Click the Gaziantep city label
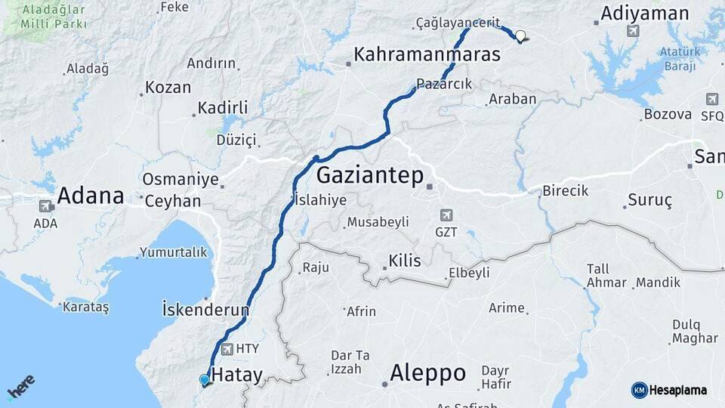coord(369,175)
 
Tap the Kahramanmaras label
coord(427,55)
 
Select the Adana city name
coord(91,196)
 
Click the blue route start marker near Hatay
coord(204,379)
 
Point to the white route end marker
coord(520,35)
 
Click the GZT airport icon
coord(446,215)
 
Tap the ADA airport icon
coord(45,206)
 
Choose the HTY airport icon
coord(227,348)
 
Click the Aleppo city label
coord(427,373)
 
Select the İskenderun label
coord(205,310)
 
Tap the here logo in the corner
coord(20,387)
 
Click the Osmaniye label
coord(180,181)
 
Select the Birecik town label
coord(565,190)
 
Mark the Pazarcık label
coord(444,84)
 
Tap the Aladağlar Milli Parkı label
coord(54,17)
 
